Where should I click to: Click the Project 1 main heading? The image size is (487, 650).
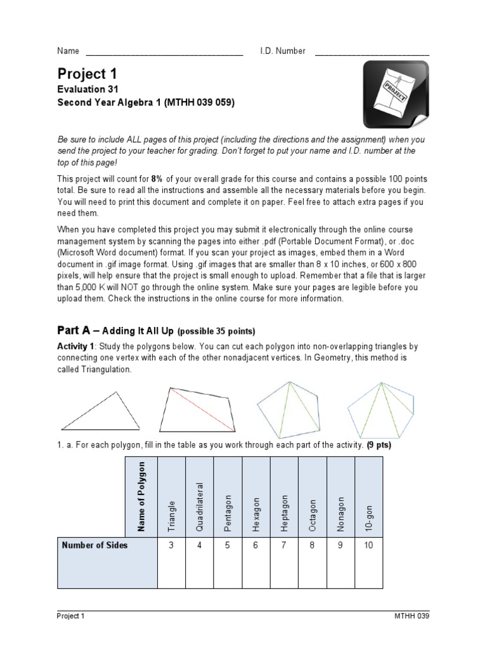(x=87, y=74)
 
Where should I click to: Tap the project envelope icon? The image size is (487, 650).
(x=391, y=95)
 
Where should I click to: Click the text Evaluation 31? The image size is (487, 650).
(x=88, y=90)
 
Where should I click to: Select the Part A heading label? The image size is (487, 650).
(x=75, y=331)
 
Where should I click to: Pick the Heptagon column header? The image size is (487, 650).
(x=285, y=512)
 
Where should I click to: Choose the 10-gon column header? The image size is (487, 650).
(x=369, y=519)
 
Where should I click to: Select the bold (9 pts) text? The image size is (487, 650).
(x=379, y=445)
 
